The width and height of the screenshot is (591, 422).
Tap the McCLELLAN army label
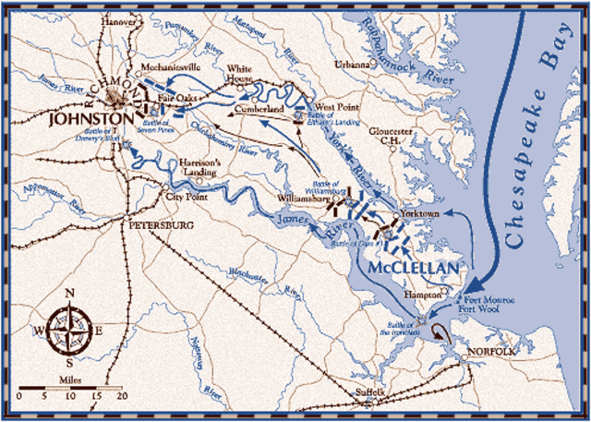[412, 267]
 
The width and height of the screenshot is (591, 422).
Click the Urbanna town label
[350, 66]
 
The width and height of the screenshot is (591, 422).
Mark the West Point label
[334, 107]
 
